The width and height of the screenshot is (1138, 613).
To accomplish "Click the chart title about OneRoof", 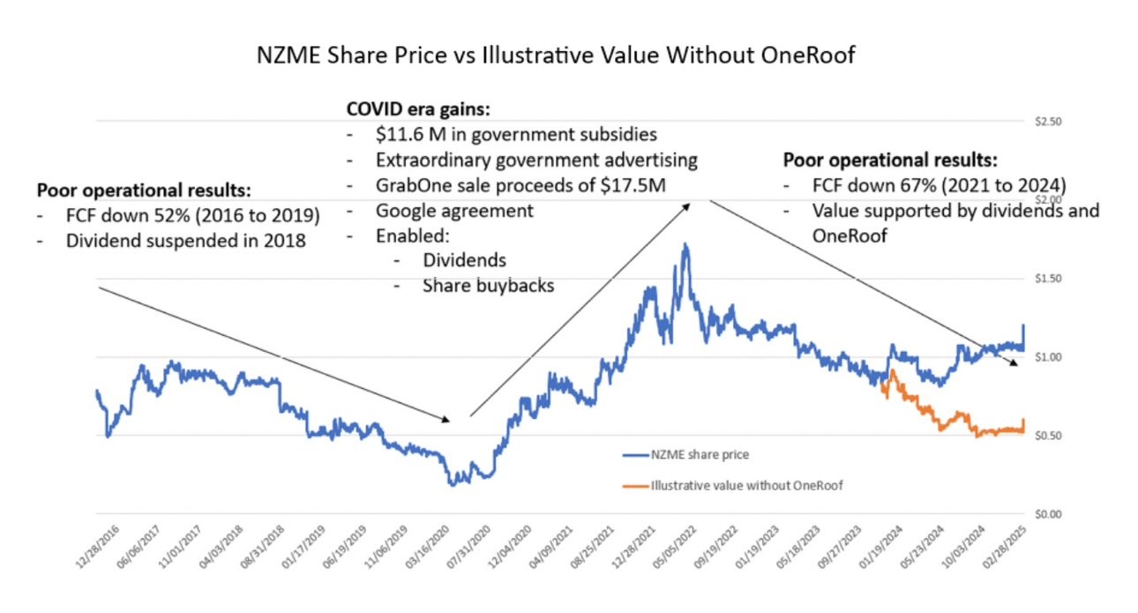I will (556, 56).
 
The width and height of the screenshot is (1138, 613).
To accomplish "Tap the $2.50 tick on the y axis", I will (1049, 122).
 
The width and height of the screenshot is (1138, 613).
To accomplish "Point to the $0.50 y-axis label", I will (1049, 436).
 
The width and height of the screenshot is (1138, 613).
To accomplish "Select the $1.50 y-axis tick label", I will (1049, 279).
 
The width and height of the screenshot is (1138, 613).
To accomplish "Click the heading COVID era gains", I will (418, 110).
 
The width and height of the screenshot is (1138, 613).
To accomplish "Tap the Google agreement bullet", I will (454, 211).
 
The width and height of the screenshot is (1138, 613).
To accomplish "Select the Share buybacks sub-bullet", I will (488, 286).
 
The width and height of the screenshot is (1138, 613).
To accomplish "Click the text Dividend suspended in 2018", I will (185, 240).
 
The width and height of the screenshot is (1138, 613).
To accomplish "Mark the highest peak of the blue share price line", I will (685, 244).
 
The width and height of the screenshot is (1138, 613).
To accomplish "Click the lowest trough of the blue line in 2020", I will (453, 484).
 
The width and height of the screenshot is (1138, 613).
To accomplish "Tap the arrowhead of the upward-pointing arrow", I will (688, 202).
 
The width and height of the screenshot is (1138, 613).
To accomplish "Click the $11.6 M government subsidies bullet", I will (516, 135).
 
